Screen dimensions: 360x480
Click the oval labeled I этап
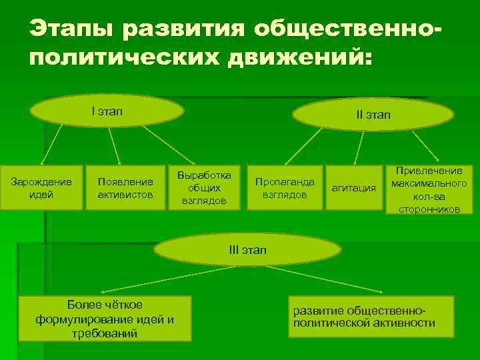pos(107,111)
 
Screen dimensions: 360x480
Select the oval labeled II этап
pos(373,115)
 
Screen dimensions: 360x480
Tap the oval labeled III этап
pos(247,251)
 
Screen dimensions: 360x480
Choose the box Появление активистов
pos(125,188)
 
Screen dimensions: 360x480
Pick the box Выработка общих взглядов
pos(205,188)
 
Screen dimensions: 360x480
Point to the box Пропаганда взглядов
pos(285,188)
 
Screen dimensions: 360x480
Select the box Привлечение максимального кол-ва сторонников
pos(428,190)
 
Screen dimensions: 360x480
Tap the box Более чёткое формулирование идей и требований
pos(105,319)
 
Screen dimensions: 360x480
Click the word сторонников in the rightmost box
pos(428,209)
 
